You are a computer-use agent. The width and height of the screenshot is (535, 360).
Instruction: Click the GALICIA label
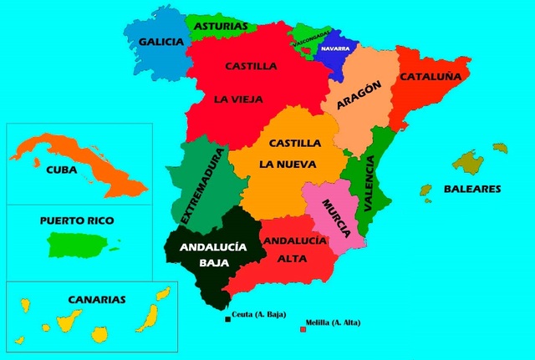(160, 42)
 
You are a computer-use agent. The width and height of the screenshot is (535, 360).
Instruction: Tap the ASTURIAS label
(221, 26)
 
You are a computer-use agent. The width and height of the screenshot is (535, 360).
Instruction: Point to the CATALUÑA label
(431, 76)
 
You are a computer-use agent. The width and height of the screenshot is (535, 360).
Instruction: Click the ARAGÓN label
(359, 94)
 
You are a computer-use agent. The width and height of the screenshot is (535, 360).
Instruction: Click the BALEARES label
(471, 189)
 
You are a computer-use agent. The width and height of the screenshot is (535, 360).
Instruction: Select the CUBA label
(61, 169)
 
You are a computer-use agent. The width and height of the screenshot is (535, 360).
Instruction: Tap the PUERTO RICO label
(76, 221)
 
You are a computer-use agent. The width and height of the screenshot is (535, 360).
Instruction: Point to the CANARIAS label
(97, 298)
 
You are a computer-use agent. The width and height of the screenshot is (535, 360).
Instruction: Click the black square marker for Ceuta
(227, 318)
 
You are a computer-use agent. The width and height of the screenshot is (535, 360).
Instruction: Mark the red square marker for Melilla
(303, 329)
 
